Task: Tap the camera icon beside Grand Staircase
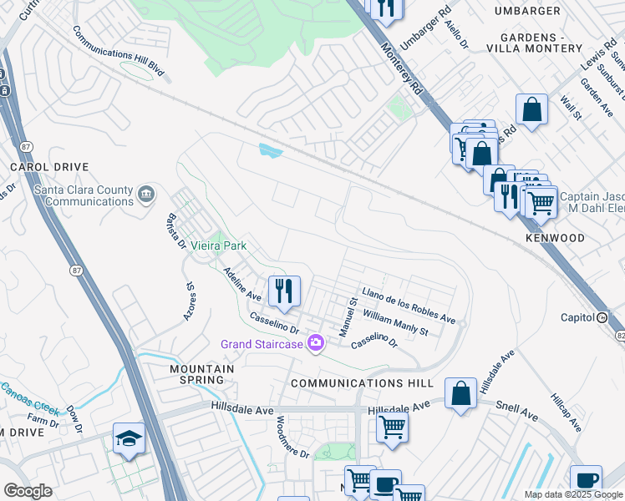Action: click(316, 343)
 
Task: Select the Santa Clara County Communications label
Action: click(84, 195)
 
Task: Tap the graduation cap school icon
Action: click(129, 439)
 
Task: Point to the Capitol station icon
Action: click(602, 317)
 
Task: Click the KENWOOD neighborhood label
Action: click(555, 238)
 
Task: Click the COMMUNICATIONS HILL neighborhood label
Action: click(362, 382)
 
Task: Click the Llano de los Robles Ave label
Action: click(409, 307)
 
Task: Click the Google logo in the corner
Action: click(28, 491)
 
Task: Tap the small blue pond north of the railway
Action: click(270, 150)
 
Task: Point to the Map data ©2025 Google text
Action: click(572, 494)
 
